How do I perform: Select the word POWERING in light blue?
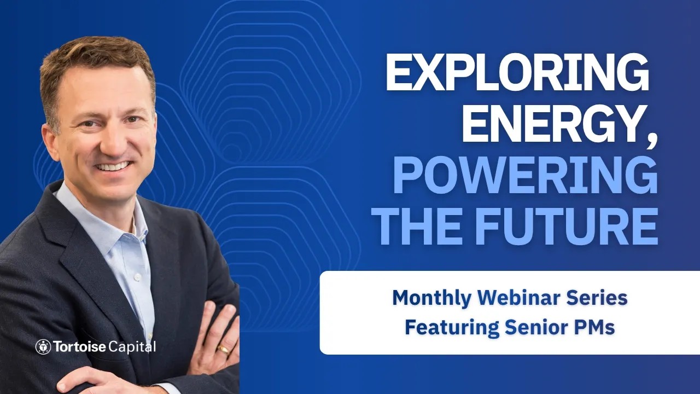click(526, 175)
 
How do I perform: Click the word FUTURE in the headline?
click(566, 226)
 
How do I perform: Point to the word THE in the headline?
click(421, 226)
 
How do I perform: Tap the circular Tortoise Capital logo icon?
click(43, 347)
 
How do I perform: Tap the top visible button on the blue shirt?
click(136, 277)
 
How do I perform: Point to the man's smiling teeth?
click(114, 166)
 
